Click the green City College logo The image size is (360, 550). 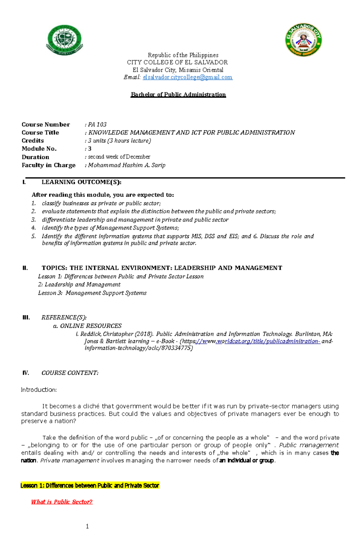(64, 40)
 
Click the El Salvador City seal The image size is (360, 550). (303, 40)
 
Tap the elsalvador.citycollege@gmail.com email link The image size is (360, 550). (187, 77)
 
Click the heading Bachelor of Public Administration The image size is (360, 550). (178, 95)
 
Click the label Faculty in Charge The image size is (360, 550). (48, 165)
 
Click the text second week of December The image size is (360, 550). (119, 157)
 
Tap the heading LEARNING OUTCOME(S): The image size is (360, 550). (81, 182)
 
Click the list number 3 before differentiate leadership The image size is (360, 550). (34, 220)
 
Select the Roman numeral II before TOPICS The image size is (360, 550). (25, 268)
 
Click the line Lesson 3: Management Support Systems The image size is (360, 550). (92, 293)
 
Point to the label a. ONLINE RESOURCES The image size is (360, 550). (87, 326)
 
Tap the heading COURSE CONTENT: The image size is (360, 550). (70, 373)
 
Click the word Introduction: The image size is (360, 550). (39, 390)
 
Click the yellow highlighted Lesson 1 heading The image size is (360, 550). (90, 486)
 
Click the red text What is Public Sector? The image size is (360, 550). (62, 502)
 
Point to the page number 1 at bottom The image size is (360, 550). (87, 527)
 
